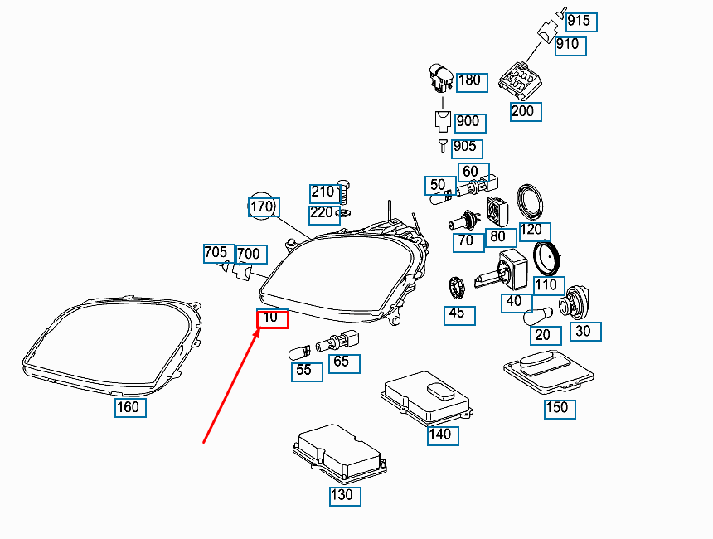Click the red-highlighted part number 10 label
click(273, 318)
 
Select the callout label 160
click(130, 407)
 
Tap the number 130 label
click(345, 496)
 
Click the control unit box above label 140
click(426, 397)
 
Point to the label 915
click(581, 22)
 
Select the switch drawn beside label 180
click(440, 77)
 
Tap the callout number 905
click(467, 148)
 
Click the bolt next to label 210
click(344, 192)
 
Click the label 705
click(219, 254)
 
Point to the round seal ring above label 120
click(530, 202)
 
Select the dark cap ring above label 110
click(546, 258)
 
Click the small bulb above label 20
click(537, 317)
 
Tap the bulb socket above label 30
click(575, 302)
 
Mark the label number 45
click(459, 315)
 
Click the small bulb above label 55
click(299, 352)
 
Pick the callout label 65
click(344, 363)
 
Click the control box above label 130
click(340, 454)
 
